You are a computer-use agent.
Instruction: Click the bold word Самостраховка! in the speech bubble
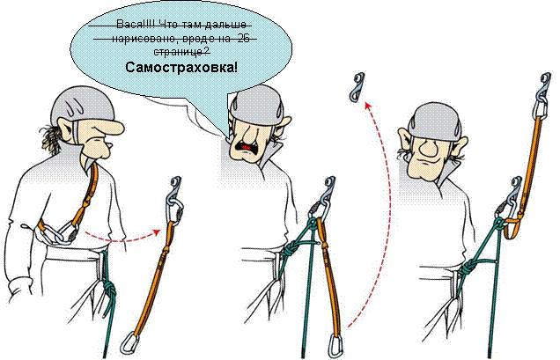[x=181, y=67]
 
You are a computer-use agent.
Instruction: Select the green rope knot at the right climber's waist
[x=475, y=264]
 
